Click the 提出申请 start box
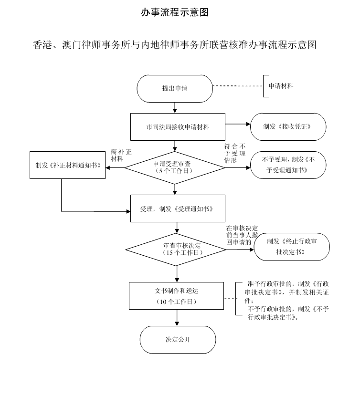175,88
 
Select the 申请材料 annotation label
281,86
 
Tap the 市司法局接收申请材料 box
178,127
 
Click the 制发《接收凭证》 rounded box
288,127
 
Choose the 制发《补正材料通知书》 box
67,166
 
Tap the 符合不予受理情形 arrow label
234,153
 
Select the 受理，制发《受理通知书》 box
177,209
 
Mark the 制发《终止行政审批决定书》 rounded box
291,246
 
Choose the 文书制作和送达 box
177,295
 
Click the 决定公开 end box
178,340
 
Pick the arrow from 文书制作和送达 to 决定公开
177,317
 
